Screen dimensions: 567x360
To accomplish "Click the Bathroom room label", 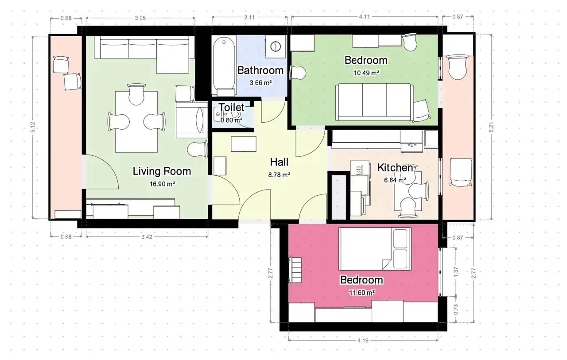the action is [x=260, y=70].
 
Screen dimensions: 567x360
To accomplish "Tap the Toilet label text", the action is [x=231, y=108].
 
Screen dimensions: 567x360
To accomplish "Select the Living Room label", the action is [x=162, y=171].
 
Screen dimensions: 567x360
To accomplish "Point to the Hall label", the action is [x=279, y=162].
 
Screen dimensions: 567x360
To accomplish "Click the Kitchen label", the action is [x=395, y=168].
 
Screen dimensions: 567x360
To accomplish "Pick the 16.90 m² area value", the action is [x=162, y=184].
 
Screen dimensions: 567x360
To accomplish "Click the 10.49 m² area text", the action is [x=366, y=73].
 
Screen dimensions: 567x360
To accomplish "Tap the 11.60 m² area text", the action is [x=362, y=293].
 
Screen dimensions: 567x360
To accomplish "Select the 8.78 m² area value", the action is [x=279, y=175].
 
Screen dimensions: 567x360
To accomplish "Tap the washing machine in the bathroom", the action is [x=276, y=46].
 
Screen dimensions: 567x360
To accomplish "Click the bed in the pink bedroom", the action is [x=375, y=249].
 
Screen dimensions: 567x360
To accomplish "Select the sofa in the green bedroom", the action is [x=375, y=102].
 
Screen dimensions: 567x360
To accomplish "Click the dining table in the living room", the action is [x=136, y=122].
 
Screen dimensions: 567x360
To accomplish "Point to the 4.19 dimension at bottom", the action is [x=363, y=341].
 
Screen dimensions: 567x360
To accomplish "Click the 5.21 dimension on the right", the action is [x=491, y=127].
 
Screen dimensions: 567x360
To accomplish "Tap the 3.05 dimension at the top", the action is [x=140, y=18].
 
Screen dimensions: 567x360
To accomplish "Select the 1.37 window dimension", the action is [x=456, y=272].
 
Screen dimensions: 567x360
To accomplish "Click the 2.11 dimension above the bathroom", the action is [x=249, y=17].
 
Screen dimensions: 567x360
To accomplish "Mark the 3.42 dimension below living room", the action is [x=147, y=237].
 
